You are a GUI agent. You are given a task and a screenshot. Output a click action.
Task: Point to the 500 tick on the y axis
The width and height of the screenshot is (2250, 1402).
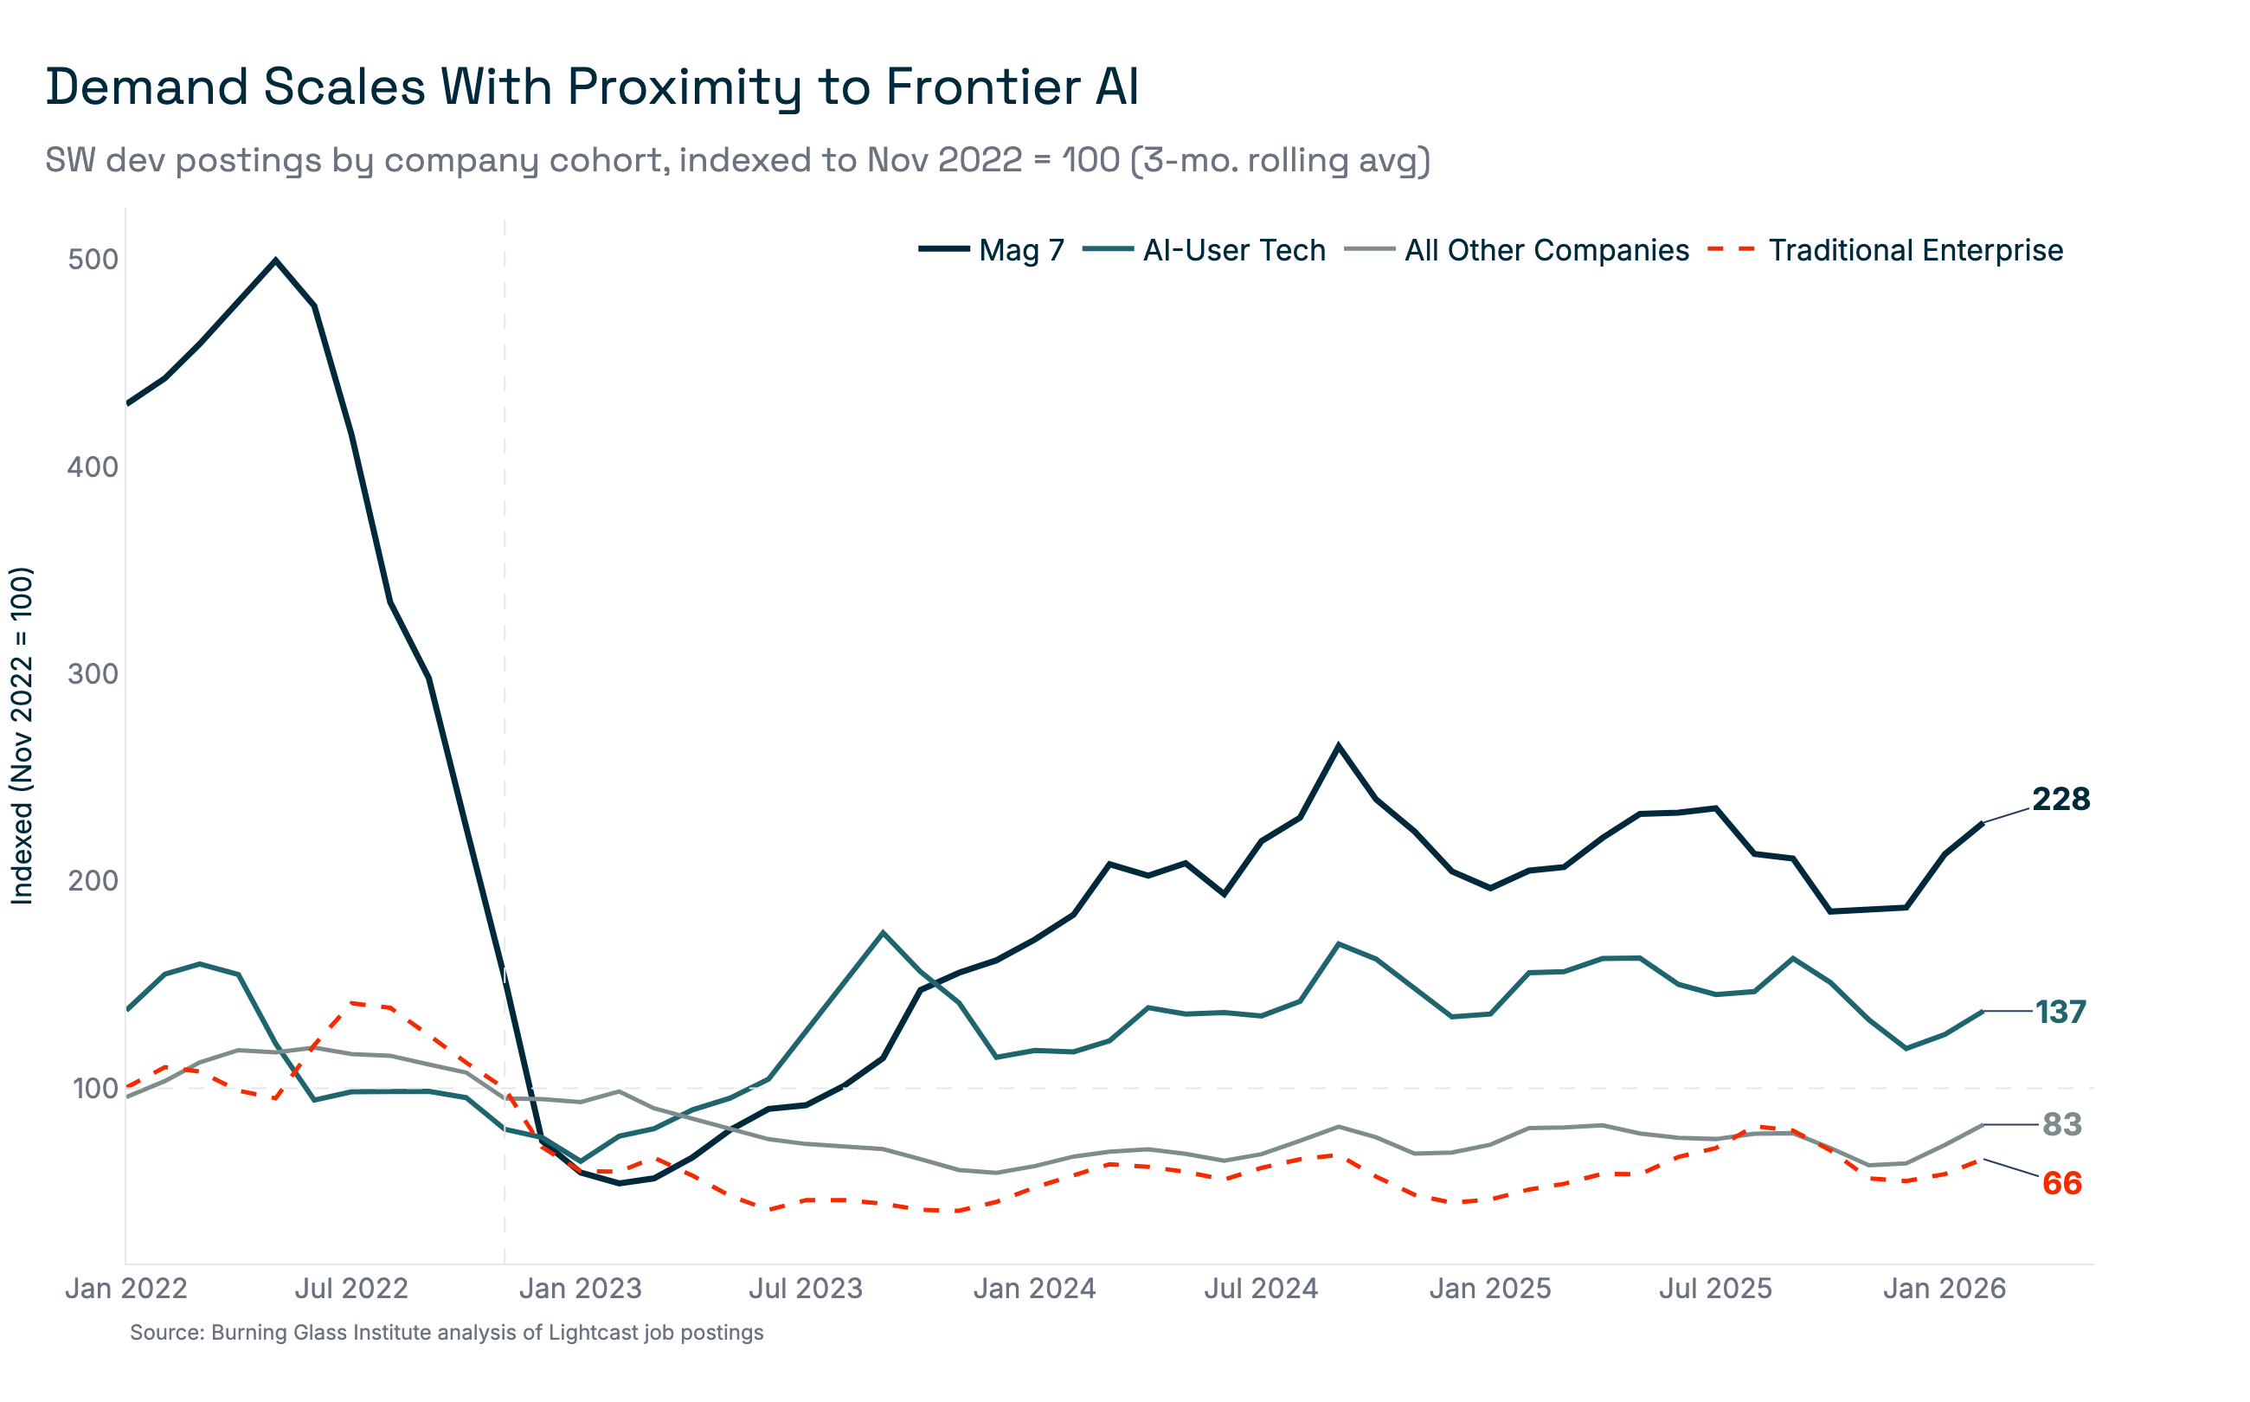93,260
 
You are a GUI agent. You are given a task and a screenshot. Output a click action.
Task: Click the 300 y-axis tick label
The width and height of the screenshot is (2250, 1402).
93,674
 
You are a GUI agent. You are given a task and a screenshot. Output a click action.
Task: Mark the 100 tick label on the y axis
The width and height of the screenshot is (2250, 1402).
94,1088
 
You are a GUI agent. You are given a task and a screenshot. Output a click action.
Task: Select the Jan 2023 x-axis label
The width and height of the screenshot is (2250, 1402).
581,1289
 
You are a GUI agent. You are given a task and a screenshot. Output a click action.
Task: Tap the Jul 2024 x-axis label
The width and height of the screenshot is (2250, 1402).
1261,1289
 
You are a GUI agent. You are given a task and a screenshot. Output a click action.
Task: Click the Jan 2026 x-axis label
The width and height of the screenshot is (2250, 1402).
1944,1289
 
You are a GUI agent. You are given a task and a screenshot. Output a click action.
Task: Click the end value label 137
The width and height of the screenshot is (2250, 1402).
2060,1012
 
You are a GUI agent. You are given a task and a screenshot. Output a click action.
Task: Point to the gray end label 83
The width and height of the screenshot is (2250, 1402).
2062,1125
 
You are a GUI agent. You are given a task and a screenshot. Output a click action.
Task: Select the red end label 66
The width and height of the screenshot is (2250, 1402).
2062,1184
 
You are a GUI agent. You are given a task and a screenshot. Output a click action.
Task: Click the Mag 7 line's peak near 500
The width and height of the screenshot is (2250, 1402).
275,260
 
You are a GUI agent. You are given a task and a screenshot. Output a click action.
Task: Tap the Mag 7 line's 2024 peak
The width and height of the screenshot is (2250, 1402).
1338,745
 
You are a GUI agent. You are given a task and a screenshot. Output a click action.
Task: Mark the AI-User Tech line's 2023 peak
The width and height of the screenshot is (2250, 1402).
883,933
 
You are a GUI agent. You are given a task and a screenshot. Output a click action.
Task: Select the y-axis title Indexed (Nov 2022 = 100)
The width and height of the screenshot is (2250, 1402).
22,736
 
